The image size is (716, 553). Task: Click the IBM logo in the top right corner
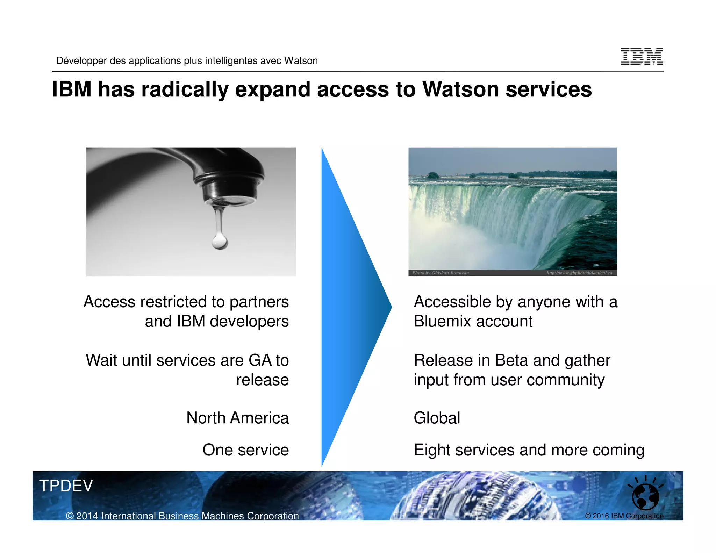click(x=642, y=57)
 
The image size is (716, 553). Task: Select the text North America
click(x=237, y=418)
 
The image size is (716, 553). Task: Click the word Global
click(x=437, y=418)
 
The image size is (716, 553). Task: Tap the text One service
click(x=245, y=450)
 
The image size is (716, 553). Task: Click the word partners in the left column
click(x=259, y=302)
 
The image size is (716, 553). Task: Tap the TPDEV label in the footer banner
click(x=66, y=486)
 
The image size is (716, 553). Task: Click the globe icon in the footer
click(x=645, y=496)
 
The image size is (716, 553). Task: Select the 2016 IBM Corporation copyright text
click(x=624, y=516)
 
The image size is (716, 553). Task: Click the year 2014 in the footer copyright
click(x=87, y=516)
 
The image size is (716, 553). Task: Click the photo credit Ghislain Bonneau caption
click(x=441, y=273)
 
